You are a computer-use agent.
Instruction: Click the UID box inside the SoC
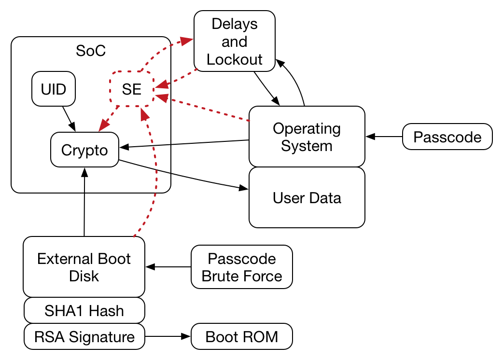coord(54,89)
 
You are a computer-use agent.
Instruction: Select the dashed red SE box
coord(132,89)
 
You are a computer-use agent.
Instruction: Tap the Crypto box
coord(84,150)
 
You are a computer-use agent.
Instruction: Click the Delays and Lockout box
coord(234,42)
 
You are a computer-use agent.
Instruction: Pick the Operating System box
coord(307,137)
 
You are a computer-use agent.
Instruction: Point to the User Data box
coord(307,197)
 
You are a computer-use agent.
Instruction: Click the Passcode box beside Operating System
coord(447,137)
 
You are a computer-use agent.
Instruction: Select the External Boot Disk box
coord(84,266)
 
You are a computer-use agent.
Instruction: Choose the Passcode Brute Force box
coord(241,267)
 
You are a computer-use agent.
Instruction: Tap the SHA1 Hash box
coord(84,310)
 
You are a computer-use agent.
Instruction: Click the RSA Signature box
coord(84,336)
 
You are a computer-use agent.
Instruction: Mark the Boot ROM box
coord(241,336)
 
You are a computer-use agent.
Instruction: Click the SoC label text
coord(91,50)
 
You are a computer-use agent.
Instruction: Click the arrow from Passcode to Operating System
coord(384,137)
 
